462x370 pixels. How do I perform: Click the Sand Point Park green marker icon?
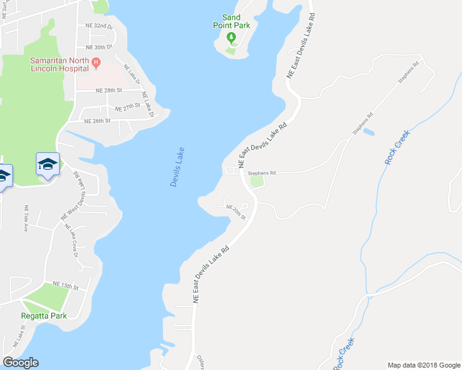click(x=232, y=38)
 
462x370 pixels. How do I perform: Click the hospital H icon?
click(x=96, y=62)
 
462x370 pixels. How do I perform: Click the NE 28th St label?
click(x=109, y=90)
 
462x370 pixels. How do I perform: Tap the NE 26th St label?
click(x=96, y=121)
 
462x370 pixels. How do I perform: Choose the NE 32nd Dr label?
click(x=99, y=27)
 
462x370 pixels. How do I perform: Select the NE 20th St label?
click(x=236, y=212)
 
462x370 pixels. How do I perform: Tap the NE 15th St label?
click(x=66, y=286)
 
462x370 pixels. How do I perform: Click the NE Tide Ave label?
click(x=26, y=218)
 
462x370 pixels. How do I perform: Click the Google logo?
click(x=20, y=362)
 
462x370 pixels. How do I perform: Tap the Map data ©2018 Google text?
click(x=424, y=365)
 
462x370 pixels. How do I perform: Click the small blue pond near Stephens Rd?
click(x=368, y=131)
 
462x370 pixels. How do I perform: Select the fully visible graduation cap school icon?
click(x=48, y=164)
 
